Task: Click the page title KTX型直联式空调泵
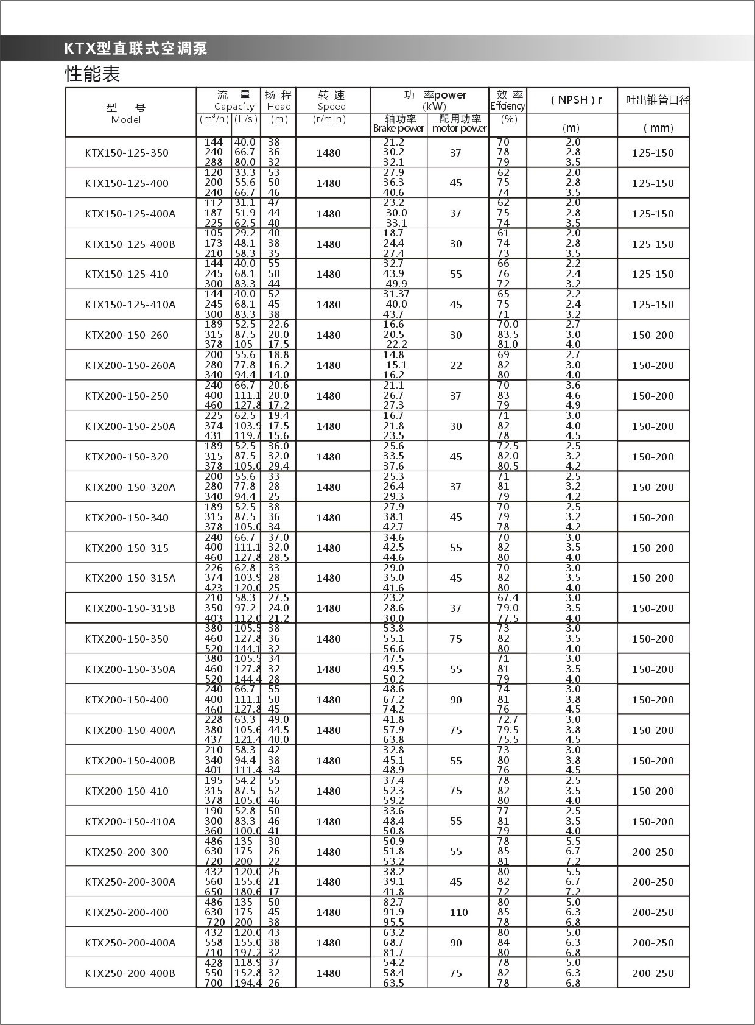click(136, 49)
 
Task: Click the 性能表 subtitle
click(93, 74)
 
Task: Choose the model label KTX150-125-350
click(127, 153)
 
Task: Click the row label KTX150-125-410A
click(130, 305)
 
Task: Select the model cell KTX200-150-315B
click(130, 608)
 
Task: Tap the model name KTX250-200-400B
click(130, 973)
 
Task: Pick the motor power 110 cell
click(458, 912)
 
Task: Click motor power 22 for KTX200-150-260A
click(456, 365)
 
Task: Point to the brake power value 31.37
click(396, 294)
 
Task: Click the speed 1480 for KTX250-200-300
click(329, 852)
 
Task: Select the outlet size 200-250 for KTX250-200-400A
click(653, 943)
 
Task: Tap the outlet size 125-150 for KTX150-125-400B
click(653, 244)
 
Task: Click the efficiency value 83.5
click(508, 334)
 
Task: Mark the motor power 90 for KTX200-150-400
click(456, 700)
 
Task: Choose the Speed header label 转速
click(331, 95)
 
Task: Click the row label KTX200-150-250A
click(130, 426)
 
